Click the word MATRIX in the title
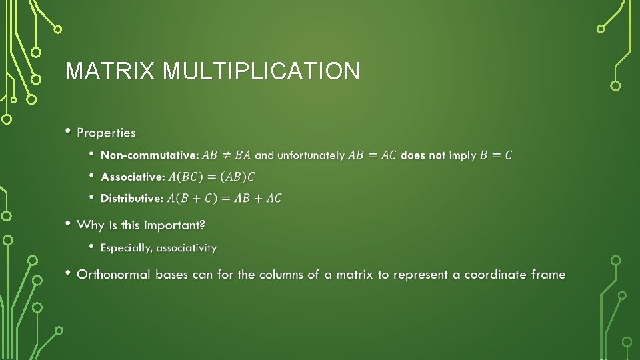click(x=111, y=71)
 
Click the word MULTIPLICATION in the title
click(x=261, y=71)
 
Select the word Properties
click(x=106, y=133)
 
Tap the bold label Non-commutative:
click(x=149, y=155)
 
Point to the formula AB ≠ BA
click(x=227, y=155)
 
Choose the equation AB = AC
click(x=372, y=155)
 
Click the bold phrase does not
click(x=423, y=155)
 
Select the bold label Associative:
click(x=132, y=177)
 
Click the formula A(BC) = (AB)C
click(x=211, y=177)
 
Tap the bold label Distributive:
click(x=131, y=198)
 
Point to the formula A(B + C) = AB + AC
click(x=224, y=198)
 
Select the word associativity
click(x=186, y=248)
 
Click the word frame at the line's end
click(x=548, y=275)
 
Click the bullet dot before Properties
click(x=68, y=131)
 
